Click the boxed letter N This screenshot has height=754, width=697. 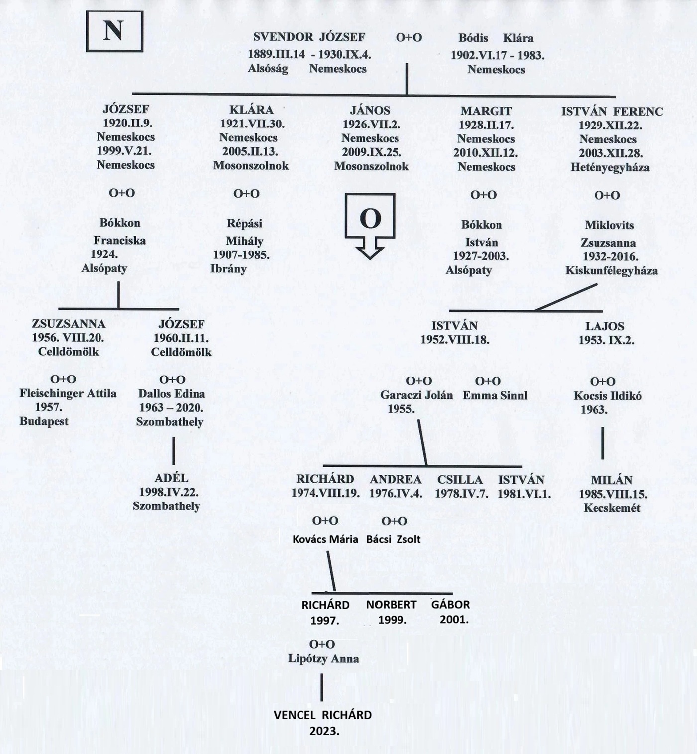pos(114,31)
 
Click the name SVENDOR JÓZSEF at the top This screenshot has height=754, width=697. pos(309,37)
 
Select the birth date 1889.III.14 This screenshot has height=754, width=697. pos(277,54)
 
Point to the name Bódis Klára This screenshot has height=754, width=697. pos(496,38)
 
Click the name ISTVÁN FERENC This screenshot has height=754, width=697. pos(611,112)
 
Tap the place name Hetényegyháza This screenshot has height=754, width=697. pos(610,167)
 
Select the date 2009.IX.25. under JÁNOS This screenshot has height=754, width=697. pos(371,152)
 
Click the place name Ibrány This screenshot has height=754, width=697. pos(228,269)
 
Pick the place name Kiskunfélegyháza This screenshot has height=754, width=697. pos(611,271)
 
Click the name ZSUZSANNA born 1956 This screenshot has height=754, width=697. pos(69,324)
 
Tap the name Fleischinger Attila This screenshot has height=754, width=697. pos(68,393)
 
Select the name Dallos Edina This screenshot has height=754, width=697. pos(172,394)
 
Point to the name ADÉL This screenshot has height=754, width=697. pos(171,478)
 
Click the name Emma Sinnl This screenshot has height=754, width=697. pos(495,395)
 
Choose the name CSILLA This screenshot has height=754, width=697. pos(460,480)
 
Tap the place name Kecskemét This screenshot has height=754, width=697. pos(612,508)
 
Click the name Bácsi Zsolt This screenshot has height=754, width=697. pos(393,539)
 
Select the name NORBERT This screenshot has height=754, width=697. pos(391,605)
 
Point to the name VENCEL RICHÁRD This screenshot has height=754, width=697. pos(322,715)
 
